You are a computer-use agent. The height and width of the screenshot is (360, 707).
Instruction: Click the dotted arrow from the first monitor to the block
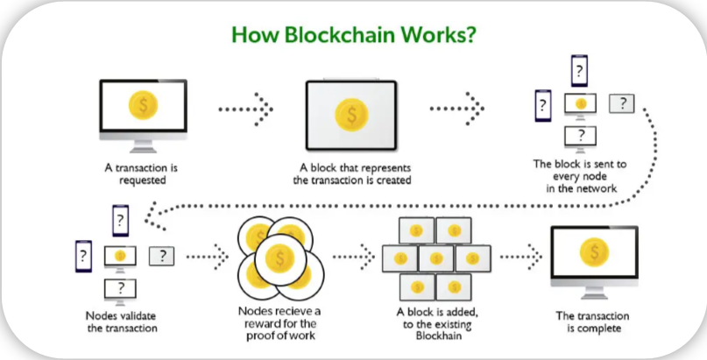point(247,109)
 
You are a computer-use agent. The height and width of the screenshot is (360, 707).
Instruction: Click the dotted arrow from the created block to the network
point(456,109)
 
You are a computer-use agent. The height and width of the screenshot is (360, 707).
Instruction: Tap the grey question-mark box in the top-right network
point(622,103)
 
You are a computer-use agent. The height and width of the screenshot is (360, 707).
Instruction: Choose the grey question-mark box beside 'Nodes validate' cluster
point(162,256)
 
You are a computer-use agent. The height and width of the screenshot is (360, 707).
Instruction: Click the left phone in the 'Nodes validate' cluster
point(83,257)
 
